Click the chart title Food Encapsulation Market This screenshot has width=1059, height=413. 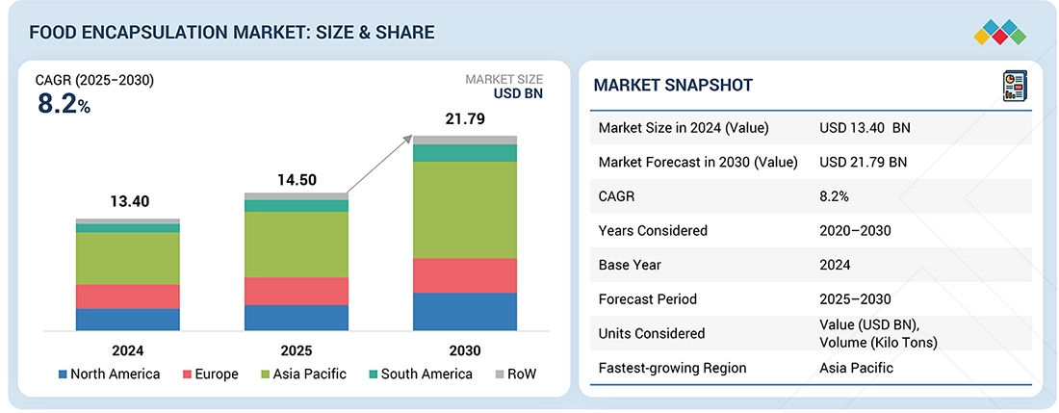[232, 33]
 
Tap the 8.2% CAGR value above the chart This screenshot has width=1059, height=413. [64, 105]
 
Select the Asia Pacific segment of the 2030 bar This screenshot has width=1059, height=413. [464, 209]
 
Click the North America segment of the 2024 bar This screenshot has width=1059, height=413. [128, 320]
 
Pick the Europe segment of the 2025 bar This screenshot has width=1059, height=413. [297, 291]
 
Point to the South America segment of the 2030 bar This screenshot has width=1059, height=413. [464, 153]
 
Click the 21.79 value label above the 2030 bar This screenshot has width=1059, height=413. [464, 119]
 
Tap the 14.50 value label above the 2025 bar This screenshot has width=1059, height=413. [297, 180]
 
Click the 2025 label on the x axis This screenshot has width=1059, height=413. [297, 350]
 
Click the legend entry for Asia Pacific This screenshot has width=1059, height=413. [303, 374]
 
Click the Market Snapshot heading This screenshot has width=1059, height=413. [673, 86]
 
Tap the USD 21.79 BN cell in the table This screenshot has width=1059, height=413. [863, 162]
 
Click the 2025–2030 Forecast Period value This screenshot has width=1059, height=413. [855, 299]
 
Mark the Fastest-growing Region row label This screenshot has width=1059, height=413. [672, 368]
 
